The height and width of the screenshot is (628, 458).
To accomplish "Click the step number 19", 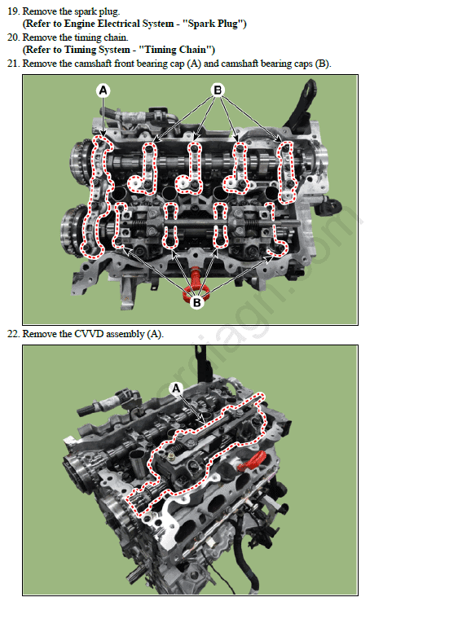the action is tap(12, 11).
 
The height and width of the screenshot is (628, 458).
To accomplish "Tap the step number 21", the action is tap(13, 64).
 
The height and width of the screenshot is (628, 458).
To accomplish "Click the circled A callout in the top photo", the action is tap(103, 90).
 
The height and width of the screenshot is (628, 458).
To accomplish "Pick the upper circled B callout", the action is tap(218, 90).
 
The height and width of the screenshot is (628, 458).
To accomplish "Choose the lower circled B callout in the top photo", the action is tap(196, 302).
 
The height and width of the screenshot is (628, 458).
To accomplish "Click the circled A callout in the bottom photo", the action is tap(176, 388).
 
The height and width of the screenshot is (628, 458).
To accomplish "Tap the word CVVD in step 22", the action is tap(89, 334).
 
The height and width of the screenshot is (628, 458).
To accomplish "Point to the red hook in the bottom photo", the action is tap(253, 460).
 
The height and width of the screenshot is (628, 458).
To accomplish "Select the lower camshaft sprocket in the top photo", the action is tap(73, 231).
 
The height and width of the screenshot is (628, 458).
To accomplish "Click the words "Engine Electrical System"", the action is tap(119, 24).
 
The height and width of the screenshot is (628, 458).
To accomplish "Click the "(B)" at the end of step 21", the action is tap(323, 64).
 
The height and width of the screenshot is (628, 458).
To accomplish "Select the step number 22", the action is tap(13, 334).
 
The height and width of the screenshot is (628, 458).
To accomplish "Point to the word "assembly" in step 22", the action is tap(125, 335).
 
